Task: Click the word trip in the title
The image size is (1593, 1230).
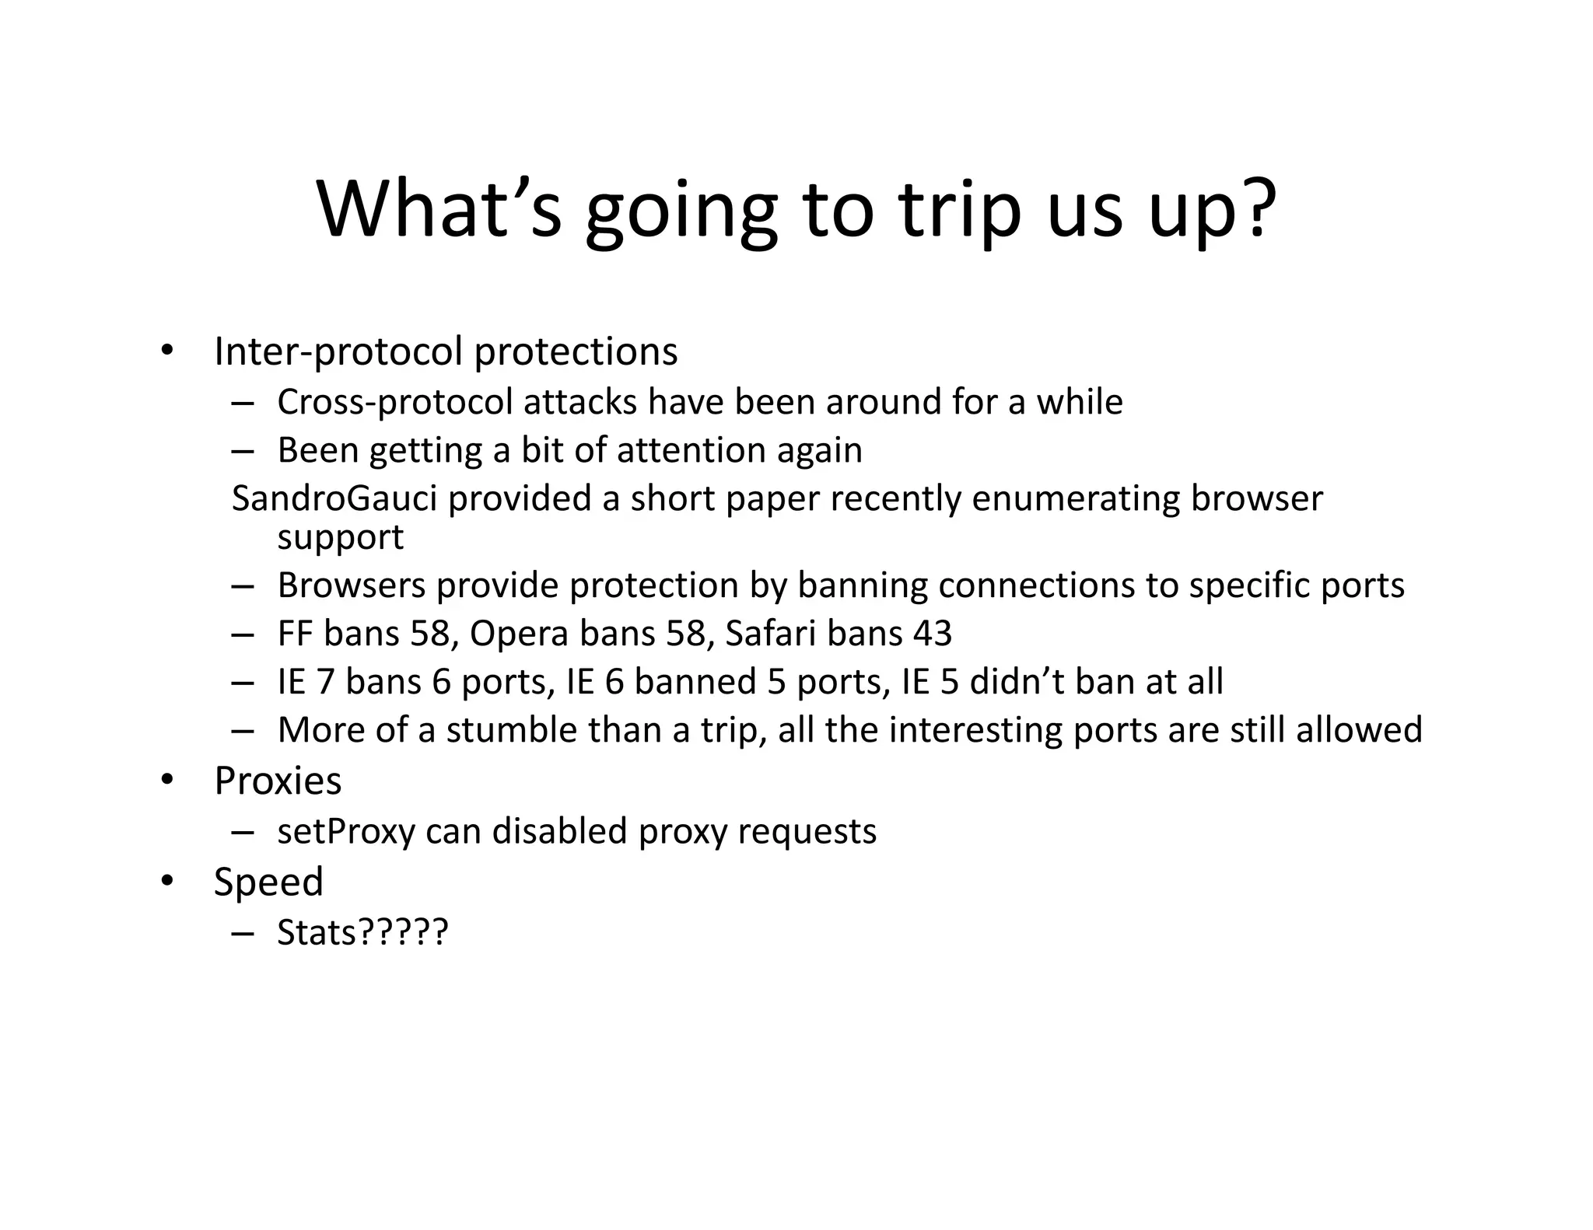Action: point(959,210)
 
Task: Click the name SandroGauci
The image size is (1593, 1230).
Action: point(334,498)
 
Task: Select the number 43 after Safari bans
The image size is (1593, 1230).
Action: point(932,634)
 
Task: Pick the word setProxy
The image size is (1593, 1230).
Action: point(346,831)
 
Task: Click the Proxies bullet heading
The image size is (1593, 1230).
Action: point(278,781)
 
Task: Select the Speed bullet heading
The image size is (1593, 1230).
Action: point(268,882)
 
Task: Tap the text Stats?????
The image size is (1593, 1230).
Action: point(362,932)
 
